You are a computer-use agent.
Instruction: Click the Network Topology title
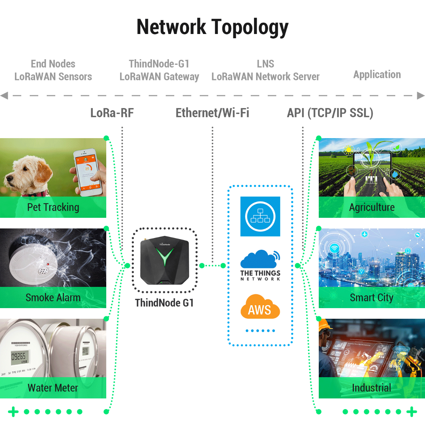point(212,27)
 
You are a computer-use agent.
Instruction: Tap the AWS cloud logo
point(260,307)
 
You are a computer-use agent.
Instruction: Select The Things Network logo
point(260,266)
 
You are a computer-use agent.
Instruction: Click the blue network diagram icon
point(260,216)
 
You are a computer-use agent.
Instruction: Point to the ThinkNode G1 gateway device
point(165,260)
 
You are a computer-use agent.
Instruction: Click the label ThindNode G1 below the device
point(164,303)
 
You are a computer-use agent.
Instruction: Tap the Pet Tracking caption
point(53,207)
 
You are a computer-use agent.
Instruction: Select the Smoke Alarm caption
point(53,297)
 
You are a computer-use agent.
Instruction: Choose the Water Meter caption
point(53,388)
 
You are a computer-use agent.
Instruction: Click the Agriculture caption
point(372,207)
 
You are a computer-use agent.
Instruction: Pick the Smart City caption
point(372,297)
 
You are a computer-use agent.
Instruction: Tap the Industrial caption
point(372,388)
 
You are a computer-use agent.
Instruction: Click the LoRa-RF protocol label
point(112,113)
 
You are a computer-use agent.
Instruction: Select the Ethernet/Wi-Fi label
point(212,113)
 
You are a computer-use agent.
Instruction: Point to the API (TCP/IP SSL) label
point(330,113)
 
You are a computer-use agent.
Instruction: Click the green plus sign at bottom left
point(13,412)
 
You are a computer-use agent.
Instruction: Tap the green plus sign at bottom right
point(412,412)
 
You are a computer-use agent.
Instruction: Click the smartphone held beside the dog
point(89,172)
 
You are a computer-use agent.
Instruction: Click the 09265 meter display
point(18,356)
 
